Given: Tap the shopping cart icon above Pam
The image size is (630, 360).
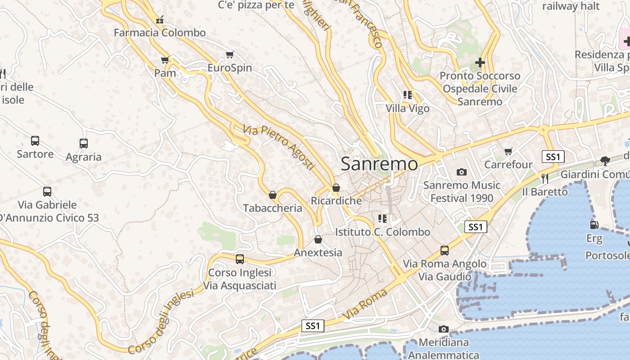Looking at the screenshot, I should pyautogui.click(x=165, y=60).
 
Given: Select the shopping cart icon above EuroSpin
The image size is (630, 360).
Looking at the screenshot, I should pyautogui.click(x=230, y=55).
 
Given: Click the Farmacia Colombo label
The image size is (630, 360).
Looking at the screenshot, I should pyautogui.click(x=159, y=32).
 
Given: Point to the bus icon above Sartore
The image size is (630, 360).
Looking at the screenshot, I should pyautogui.click(x=35, y=140).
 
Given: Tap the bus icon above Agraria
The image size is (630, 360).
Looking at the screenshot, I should pyautogui.click(x=84, y=144).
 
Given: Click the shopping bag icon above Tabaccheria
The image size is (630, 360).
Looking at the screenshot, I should pyautogui.click(x=272, y=195).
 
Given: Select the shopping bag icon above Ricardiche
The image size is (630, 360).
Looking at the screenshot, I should pyautogui.click(x=336, y=188).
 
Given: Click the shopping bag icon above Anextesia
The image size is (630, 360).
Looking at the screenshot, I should pyautogui.click(x=318, y=239).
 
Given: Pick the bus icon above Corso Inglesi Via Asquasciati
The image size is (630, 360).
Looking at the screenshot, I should pyautogui.click(x=240, y=259).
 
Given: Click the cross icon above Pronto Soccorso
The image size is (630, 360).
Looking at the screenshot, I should pyautogui.click(x=480, y=62).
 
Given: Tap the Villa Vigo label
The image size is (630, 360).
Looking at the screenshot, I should pyautogui.click(x=407, y=108).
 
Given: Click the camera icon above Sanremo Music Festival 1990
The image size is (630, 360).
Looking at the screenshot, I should pyautogui.click(x=461, y=172).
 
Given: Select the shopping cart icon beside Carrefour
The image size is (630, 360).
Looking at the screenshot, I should pyautogui.click(x=508, y=152).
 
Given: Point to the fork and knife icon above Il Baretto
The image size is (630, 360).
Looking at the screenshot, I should pyautogui.click(x=545, y=178).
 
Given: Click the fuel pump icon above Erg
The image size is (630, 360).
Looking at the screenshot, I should pyautogui.click(x=594, y=225).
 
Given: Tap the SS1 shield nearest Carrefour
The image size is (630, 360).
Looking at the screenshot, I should pyautogui.click(x=553, y=157).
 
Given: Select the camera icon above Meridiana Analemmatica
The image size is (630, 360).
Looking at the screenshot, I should pyautogui.click(x=444, y=329).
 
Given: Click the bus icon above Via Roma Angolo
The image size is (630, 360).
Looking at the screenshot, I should pyautogui.click(x=445, y=250).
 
